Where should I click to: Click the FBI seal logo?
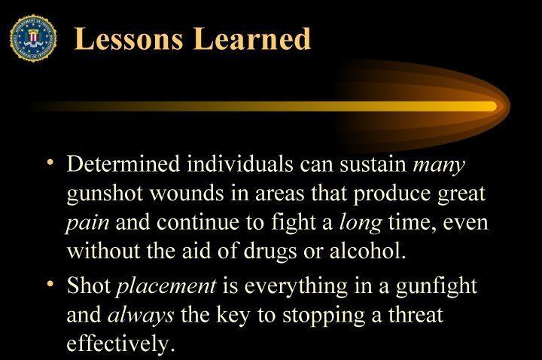coord(33,38)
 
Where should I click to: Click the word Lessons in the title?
coord(129,38)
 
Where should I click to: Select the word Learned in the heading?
coord(252,38)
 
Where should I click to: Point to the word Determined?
coord(123,163)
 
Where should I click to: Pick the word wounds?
coord(187,193)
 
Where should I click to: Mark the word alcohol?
coord(367,250)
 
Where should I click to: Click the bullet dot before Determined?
coord(51,161)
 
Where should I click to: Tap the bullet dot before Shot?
coord(51,283)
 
